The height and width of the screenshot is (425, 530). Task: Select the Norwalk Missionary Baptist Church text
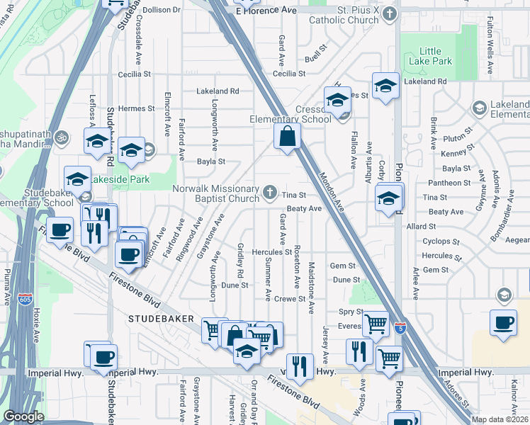pos(216,193)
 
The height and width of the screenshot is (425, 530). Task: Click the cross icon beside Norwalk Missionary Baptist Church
pos(269,192)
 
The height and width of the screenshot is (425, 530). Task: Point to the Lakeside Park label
pos(128,179)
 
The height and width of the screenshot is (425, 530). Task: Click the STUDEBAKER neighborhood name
pos(160,319)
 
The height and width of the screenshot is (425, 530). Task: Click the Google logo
pos(23,416)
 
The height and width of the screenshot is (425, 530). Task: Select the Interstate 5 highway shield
pos(402,329)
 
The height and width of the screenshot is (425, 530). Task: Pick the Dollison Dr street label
pos(162,10)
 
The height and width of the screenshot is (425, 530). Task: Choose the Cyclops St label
pos(436,241)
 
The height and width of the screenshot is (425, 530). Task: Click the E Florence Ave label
pos(266,11)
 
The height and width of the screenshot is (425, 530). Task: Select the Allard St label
pos(421,226)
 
